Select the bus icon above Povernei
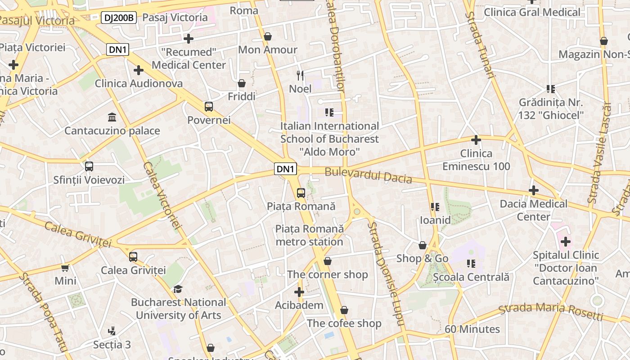coord(209,107)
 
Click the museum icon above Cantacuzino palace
coord(112,117)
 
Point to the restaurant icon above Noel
coord(300,75)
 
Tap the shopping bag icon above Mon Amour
coord(268,36)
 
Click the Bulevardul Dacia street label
coord(368,175)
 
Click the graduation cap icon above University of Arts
coord(178,289)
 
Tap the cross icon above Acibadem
coord(299,292)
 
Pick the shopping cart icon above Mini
coord(65,268)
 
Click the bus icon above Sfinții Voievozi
coord(89,166)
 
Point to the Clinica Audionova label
coord(139,83)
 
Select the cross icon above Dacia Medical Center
coord(533,190)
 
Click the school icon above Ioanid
coord(435,207)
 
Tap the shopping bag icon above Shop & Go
coord(422,245)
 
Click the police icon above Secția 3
coord(112,332)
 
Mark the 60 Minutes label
coord(472,329)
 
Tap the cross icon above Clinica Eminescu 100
coord(476,140)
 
